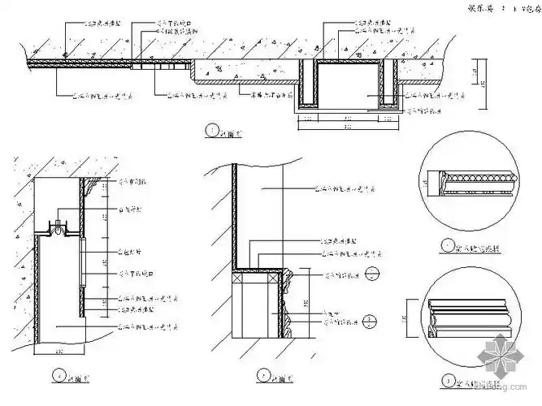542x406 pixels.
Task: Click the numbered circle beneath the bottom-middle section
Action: [262, 374]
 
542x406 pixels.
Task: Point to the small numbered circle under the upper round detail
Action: [445, 244]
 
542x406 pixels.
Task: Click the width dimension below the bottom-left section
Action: [59, 352]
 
